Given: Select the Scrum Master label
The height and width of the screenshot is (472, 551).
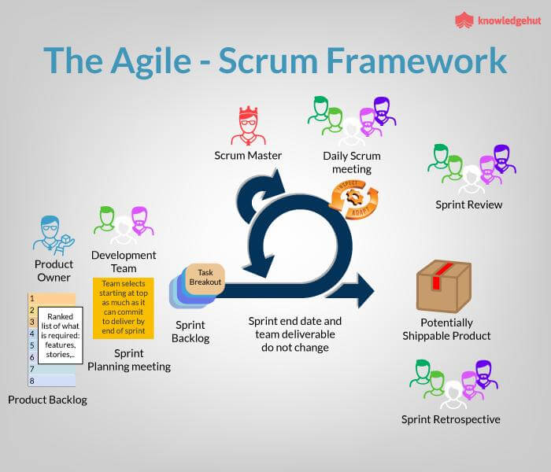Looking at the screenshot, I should pos(248,155).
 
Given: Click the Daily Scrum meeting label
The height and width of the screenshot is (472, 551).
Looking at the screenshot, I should pos(347,162).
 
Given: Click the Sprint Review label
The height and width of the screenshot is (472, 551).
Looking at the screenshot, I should pos(468,205).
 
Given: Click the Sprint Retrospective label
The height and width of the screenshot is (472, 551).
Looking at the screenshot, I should pos(450,419).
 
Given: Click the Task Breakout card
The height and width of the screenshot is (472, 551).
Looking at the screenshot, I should pos(205,277).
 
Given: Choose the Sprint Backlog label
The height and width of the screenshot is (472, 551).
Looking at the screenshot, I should pos(190,331).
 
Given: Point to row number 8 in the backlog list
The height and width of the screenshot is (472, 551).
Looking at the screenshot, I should pos(31,381).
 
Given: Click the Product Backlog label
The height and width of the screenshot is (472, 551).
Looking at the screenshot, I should pos(47,400).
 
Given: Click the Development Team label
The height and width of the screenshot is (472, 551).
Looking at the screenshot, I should pos(124,261).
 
